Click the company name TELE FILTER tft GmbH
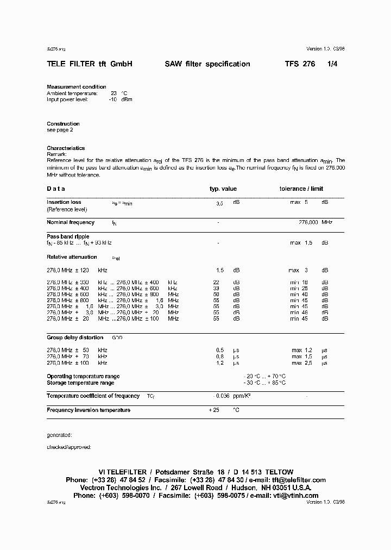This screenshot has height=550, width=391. pos(90,64)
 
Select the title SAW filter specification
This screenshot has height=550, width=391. pos(207,64)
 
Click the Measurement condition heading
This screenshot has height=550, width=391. pos(77,87)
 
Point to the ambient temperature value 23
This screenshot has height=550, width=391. pos(114,93)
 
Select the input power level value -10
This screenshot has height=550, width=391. pos(112,99)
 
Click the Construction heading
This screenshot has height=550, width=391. pos(63,124)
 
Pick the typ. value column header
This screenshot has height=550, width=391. pos(223,189)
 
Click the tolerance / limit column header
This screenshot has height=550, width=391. pos(301,189)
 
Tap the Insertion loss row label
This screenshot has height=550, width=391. pos(64,202)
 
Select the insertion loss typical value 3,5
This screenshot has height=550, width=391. pos(219,203)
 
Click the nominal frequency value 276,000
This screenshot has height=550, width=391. pos(308,222)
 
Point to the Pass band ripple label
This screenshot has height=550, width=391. pos(68,236)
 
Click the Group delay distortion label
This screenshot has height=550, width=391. pos(75,337)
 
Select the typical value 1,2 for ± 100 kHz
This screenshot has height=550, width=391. pos(220,362)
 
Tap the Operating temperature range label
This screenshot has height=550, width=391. pos(83,376)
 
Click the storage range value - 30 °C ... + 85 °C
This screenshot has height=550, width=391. pos(264,383)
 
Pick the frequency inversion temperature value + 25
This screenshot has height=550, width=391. pos(213,410)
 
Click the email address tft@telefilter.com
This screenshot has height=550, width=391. pos(299,480)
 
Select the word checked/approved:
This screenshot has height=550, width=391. pos(69,447)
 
